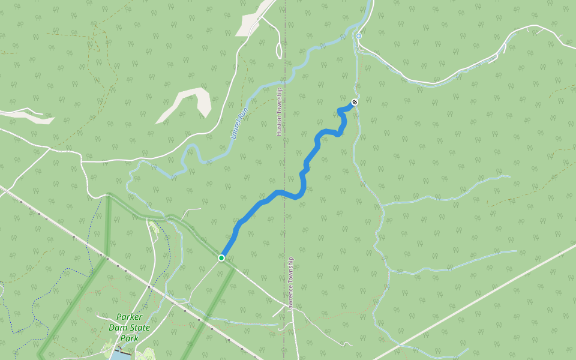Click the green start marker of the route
coord(221,258)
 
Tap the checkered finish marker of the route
coord(355,103)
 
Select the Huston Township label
coord(279,112)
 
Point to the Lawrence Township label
coord(291,284)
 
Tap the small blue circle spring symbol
coord(359,37)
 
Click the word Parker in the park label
coord(130,317)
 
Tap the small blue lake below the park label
coord(120,355)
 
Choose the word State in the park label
coord(140,328)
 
